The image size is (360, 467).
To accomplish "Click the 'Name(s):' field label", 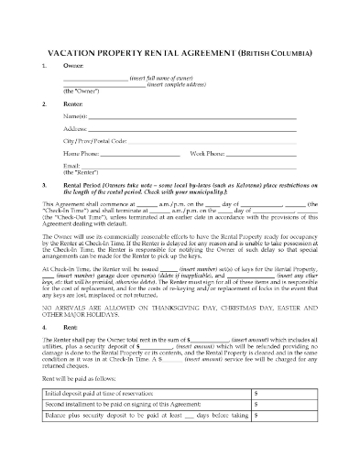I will click(x=75, y=118).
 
